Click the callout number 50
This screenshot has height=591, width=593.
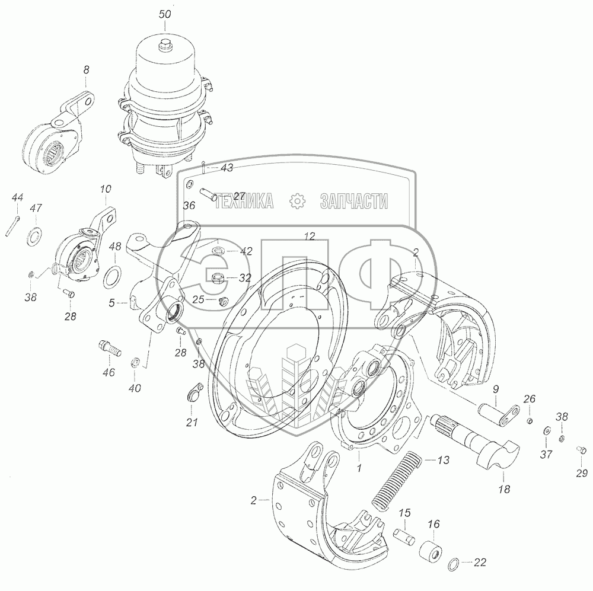[165, 14]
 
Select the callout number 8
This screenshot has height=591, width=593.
[86, 70]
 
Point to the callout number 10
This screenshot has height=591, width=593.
[106, 189]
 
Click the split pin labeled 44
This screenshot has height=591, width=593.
[12, 226]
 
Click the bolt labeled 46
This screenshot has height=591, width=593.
[109, 348]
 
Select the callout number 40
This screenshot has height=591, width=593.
[135, 388]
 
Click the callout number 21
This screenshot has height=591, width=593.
[192, 422]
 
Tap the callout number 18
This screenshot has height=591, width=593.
[504, 489]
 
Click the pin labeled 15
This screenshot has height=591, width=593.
[404, 535]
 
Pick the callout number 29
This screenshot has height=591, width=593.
[582, 472]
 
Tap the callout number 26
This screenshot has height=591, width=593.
[530, 398]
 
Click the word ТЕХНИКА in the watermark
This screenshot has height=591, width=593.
[244, 200]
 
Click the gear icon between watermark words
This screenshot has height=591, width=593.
[297, 200]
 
